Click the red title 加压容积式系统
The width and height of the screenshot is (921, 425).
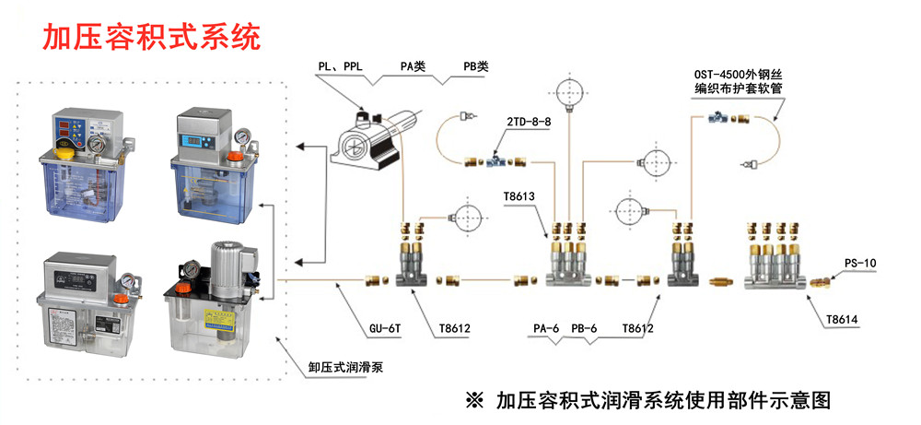[x=152, y=36]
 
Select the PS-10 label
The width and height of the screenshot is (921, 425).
[x=860, y=263]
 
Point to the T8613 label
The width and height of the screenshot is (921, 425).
[x=520, y=197]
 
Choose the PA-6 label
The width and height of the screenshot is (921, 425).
[x=547, y=327]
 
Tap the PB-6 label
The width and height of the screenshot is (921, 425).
[x=584, y=327]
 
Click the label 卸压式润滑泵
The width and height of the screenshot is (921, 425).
[x=345, y=368]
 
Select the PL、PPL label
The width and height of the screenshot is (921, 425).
[x=340, y=66]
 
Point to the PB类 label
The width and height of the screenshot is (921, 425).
[x=476, y=66]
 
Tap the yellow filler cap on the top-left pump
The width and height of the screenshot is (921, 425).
[x=65, y=150]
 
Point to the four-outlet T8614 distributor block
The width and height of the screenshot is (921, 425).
[x=775, y=263]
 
